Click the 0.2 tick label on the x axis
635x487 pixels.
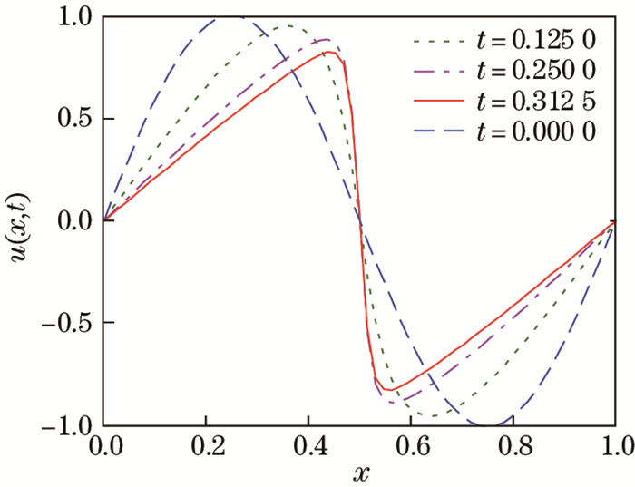pos(207,445)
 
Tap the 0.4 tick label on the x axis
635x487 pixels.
pos(309,445)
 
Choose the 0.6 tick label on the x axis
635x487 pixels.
pos(411,445)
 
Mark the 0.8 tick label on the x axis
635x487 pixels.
pos(513,445)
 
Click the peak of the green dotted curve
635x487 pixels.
pos(287,26)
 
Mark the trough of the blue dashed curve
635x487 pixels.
pos(489,424)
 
